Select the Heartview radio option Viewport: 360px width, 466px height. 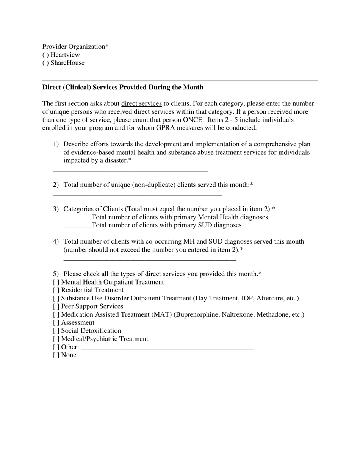(x=45, y=55)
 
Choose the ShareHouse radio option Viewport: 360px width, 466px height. (x=45, y=63)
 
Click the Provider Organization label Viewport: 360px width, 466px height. (x=75, y=47)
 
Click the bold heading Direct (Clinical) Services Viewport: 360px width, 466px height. (x=123, y=88)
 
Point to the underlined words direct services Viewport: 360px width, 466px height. (x=141, y=104)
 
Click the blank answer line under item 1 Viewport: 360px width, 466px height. (x=130, y=170)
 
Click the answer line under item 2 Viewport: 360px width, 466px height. (x=137, y=195)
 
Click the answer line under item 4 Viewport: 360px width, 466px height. (x=150, y=260)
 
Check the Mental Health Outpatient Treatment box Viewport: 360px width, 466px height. (x=56, y=282)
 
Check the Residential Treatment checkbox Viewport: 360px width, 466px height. (x=56, y=290)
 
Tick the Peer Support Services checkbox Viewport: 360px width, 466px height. (x=56, y=306)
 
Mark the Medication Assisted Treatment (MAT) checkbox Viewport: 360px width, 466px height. (x=56, y=314)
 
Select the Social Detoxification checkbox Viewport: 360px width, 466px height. (x=56, y=331)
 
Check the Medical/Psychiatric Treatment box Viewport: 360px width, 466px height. (x=56, y=339)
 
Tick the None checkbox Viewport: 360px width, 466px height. (x=56, y=355)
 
